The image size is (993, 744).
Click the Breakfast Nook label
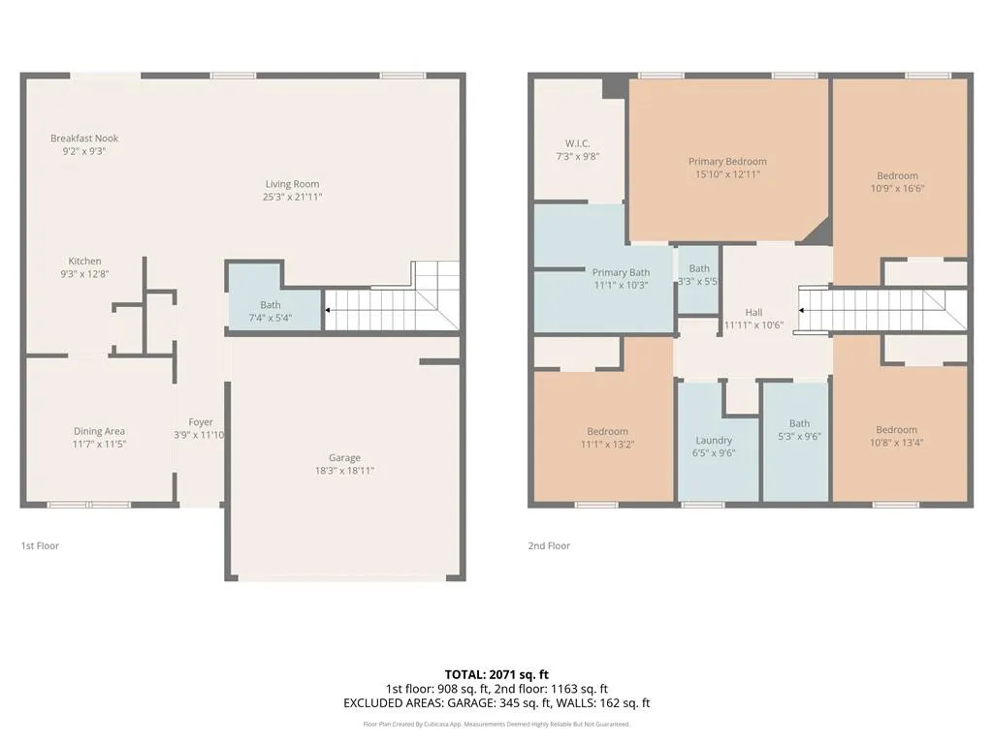pos(84,139)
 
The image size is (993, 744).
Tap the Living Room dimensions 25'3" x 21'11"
pos(293,197)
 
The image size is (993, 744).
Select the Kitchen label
pos(84,262)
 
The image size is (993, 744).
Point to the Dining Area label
pos(99,432)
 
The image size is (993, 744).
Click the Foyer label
pos(201,422)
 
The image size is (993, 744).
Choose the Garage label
pos(344,458)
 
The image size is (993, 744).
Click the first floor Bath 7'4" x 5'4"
pos(271,311)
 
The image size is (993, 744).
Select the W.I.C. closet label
pos(578,143)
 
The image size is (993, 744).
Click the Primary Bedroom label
pos(727,162)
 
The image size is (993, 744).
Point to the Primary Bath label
pos(621,273)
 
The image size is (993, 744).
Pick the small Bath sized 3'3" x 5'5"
pos(699,275)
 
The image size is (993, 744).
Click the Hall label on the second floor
pos(753,313)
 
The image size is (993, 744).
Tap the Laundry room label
pos(714,441)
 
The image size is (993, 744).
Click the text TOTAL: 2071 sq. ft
pos(496,674)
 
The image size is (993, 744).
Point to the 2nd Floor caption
pos(549,546)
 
